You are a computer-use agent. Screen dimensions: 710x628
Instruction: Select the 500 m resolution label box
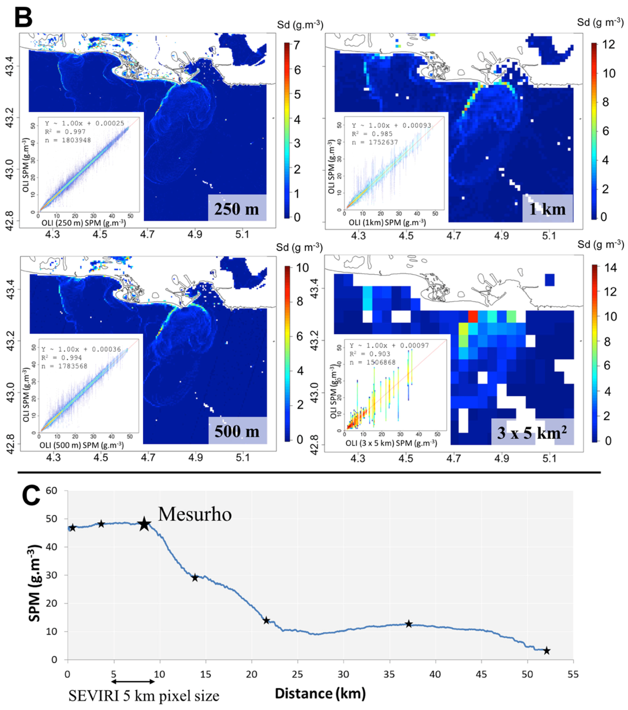click(x=237, y=431)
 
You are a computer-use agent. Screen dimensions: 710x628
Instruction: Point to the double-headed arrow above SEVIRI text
click(x=133, y=681)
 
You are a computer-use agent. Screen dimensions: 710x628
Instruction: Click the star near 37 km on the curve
click(x=409, y=624)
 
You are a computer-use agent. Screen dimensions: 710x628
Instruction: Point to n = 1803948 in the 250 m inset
click(x=68, y=140)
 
